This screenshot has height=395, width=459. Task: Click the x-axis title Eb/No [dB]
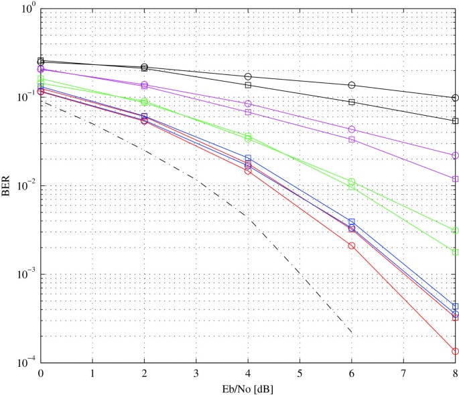248,388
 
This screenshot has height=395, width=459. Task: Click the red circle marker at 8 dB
455,351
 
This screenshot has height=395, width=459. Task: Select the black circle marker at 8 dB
455,98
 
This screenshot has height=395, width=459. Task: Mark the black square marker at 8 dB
455,121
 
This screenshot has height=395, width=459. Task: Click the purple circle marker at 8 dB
455,155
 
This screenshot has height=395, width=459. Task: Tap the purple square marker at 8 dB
455,179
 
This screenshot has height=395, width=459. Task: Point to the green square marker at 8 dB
455,252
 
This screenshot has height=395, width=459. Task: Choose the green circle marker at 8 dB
455,230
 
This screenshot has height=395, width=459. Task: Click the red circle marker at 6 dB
352,246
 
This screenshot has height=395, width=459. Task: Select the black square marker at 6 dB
352,102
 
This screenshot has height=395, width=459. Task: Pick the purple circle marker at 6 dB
352,129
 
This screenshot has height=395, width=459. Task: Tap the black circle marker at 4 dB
248,76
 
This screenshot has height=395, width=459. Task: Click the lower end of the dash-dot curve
352,331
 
